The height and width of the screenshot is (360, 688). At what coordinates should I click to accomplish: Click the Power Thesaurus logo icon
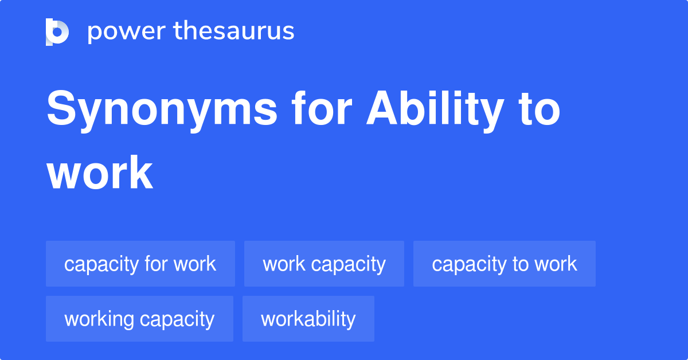coord(57,32)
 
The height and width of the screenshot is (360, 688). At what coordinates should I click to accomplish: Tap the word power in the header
coord(127,32)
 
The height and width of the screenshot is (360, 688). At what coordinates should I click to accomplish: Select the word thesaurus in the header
coord(234,30)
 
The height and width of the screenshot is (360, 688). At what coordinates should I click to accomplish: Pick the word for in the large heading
coord(322,108)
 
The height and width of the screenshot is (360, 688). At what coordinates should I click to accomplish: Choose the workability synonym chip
coord(308,319)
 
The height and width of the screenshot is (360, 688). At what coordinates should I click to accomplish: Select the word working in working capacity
coord(99,320)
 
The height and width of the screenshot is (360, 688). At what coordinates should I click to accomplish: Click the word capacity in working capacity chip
coord(177,320)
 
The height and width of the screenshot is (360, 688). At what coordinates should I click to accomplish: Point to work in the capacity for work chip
coord(195,264)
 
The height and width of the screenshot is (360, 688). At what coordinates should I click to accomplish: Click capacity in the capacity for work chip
coord(101,265)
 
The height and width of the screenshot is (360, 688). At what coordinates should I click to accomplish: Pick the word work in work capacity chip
coord(284,264)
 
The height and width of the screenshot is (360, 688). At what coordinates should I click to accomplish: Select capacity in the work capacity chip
coord(349,265)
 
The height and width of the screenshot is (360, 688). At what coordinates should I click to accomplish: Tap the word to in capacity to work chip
coord(521,264)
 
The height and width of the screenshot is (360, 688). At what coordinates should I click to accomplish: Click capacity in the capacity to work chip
coord(470,265)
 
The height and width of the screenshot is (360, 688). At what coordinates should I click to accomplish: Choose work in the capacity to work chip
coord(556,264)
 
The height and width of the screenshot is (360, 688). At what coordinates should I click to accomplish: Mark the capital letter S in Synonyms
coord(61,108)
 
